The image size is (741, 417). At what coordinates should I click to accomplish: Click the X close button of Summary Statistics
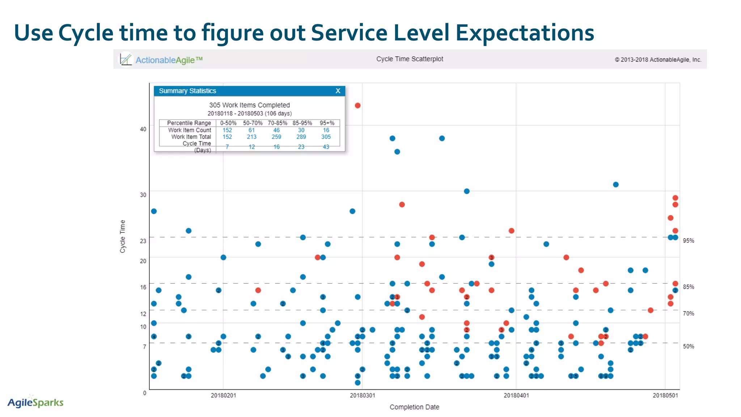[x=338, y=91]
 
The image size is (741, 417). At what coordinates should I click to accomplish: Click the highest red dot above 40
[x=357, y=105]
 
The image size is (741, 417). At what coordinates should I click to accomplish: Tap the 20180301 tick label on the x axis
[x=362, y=395]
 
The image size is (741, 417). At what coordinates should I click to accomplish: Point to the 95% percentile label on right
[x=688, y=241]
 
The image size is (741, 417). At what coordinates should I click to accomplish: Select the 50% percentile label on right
[x=688, y=346]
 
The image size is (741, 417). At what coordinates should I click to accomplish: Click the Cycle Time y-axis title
[x=123, y=236]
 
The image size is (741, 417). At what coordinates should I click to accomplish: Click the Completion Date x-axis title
[x=414, y=407]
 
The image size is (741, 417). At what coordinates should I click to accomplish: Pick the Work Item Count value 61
[x=251, y=130]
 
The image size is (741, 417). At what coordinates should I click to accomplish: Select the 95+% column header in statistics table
[x=327, y=123]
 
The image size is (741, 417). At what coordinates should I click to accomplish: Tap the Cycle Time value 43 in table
[x=326, y=147]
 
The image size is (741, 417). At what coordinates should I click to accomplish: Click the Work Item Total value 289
[x=301, y=137]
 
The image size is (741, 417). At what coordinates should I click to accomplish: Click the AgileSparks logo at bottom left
[x=35, y=402]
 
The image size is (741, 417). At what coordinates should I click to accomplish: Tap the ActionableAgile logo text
[x=169, y=60]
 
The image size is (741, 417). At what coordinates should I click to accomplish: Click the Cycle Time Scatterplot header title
[x=410, y=59]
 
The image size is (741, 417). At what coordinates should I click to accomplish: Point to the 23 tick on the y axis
[x=143, y=241]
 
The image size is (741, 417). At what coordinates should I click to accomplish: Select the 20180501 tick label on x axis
[x=665, y=395]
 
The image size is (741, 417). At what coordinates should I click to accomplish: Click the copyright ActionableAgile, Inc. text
[x=658, y=60]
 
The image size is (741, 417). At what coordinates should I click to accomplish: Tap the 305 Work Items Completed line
[x=249, y=105]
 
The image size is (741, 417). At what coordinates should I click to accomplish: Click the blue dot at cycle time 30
[x=467, y=191]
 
